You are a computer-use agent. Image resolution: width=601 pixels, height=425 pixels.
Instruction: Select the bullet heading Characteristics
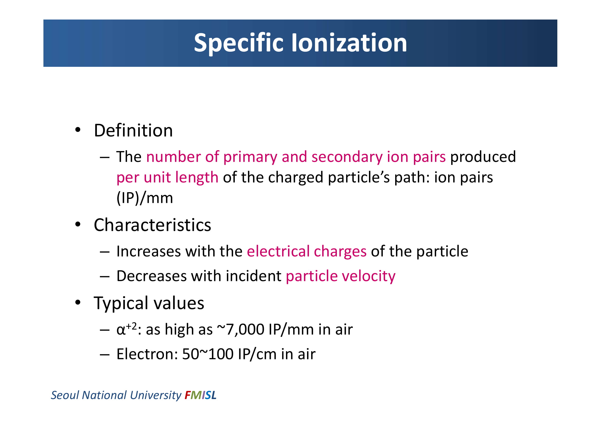pos(152,225)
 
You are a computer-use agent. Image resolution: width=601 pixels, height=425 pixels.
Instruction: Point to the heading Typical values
pos(149,303)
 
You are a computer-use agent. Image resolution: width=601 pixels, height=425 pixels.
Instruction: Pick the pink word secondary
pos(347,157)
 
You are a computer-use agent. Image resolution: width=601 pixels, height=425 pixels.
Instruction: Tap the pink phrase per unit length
pos(167,178)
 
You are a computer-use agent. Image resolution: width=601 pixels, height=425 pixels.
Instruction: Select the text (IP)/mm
pos(145,198)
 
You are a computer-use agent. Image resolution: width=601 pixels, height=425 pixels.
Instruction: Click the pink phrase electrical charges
pos(307,252)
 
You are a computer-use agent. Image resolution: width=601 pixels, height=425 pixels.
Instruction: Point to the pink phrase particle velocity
pos(340,276)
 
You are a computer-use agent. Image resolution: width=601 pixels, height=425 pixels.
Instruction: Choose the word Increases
pos(149,252)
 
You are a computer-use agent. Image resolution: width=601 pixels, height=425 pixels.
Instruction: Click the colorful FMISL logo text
pos(200,395)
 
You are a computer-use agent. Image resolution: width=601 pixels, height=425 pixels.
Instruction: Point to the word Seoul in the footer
pos(65,395)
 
